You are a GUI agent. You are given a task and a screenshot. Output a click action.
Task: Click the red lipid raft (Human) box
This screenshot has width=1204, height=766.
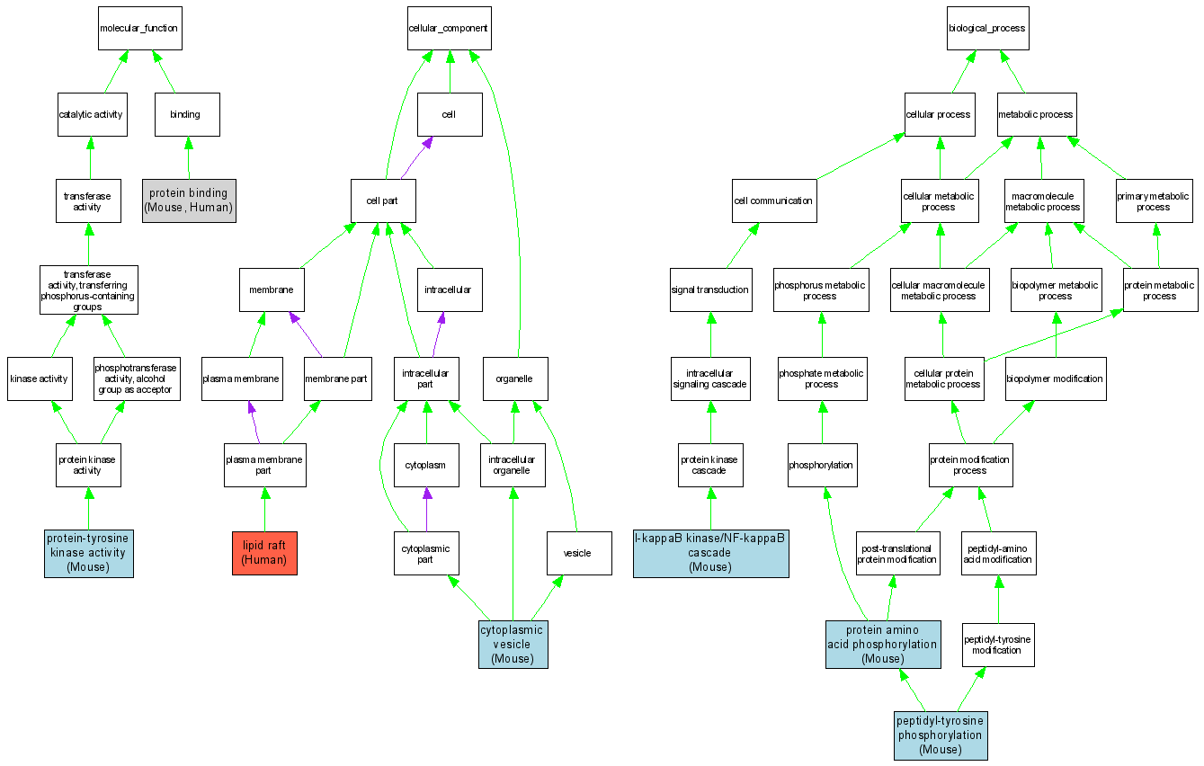tap(264, 553)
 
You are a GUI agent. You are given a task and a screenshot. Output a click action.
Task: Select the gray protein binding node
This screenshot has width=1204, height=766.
tap(189, 200)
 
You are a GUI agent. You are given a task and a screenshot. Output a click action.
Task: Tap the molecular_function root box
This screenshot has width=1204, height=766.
tap(138, 28)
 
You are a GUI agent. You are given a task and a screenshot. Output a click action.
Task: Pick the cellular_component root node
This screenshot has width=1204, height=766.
tap(448, 28)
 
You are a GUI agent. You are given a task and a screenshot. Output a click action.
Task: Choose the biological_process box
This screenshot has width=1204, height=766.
tap(986, 28)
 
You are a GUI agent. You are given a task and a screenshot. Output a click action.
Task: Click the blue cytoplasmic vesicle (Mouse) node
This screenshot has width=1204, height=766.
tap(512, 645)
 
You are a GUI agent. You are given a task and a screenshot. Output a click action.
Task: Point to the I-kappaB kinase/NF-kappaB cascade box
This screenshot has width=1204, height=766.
tap(710, 553)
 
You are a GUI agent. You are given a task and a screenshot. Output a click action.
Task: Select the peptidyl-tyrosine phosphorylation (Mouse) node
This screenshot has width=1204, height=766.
tap(941, 735)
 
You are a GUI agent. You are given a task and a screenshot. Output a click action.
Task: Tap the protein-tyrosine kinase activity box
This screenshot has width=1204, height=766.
tap(88, 553)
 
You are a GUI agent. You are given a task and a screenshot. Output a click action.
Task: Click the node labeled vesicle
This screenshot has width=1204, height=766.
tap(577, 553)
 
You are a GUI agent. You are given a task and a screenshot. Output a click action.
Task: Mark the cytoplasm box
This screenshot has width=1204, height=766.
tap(426, 466)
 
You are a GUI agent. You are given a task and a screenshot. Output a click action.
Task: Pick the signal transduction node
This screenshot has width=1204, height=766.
tap(710, 289)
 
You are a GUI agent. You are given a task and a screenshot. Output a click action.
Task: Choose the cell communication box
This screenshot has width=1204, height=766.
tap(773, 200)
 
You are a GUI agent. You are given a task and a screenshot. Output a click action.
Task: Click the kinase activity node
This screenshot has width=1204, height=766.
tap(39, 379)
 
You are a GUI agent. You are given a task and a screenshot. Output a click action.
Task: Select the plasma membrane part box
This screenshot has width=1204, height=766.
tap(263, 465)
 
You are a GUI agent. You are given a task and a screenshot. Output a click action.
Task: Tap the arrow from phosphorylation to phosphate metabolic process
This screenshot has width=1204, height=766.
tap(822, 421)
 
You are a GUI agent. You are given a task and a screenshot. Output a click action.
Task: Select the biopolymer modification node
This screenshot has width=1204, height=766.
tap(1055, 379)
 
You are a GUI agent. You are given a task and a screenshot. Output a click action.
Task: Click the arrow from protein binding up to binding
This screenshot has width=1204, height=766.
tap(188, 157)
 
